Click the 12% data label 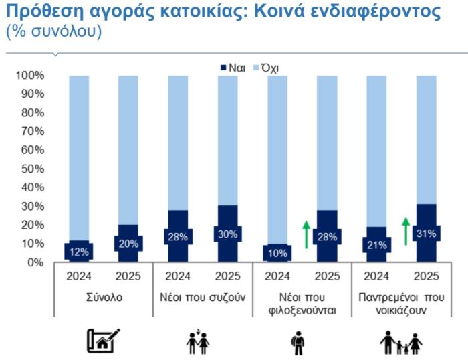[78, 251]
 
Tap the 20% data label [128, 244]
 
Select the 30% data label [227, 234]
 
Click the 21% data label [376, 244]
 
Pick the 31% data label [426, 234]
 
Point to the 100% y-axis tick [30, 76]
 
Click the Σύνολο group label [104, 297]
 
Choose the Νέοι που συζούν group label [203, 297]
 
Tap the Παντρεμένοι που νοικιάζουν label [401, 304]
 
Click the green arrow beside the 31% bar [405, 230]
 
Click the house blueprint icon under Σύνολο [104, 341]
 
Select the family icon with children [401, 342]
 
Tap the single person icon [298, 342]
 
